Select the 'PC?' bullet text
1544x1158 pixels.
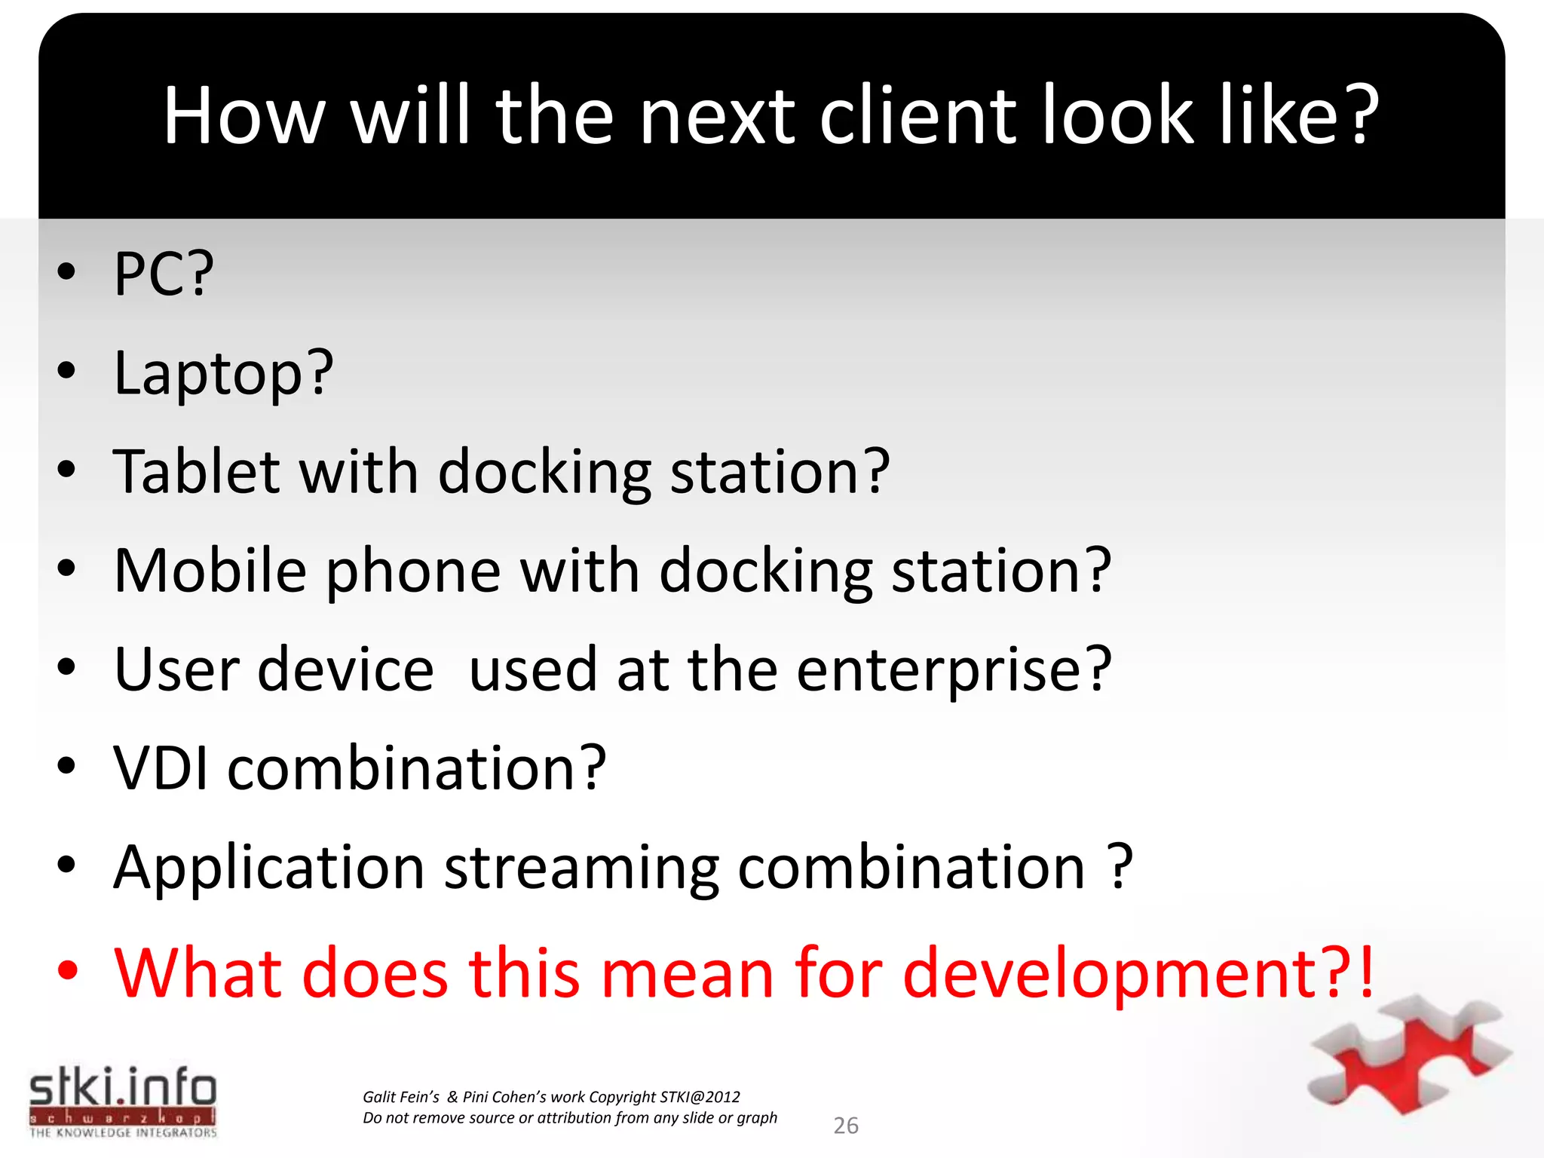tap(164, 273)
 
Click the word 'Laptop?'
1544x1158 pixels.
tap(223, 372)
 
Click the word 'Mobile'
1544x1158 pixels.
tap(210, 570)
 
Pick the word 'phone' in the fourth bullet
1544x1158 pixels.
tap(413, 571)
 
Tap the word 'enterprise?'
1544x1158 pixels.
tap(954, 669)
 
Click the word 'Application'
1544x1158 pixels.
tap(268, 867)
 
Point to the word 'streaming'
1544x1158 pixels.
tap(581, 868)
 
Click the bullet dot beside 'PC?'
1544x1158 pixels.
tap(66, 271)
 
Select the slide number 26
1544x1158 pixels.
tap(846, 1126)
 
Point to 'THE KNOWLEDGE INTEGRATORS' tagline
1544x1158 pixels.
tap(123, 1132)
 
